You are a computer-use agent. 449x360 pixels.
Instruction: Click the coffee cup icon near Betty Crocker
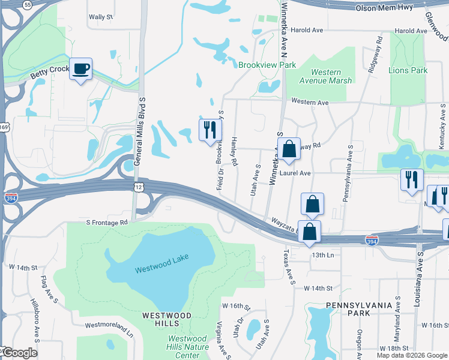coord(80,69)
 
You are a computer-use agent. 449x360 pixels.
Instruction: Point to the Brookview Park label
coord(267,64)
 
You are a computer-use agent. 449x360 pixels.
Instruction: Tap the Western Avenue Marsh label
coord(327,76)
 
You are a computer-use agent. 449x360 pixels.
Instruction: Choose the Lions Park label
coord(408,70)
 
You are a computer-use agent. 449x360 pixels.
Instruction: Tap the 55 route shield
coord(28,4)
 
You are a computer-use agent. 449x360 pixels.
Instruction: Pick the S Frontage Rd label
coord(107,222)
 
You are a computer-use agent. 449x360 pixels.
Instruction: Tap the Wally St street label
coord(101,17)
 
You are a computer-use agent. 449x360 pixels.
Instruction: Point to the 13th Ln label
coord(322,254)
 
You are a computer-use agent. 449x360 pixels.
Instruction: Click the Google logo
coord(19,353)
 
